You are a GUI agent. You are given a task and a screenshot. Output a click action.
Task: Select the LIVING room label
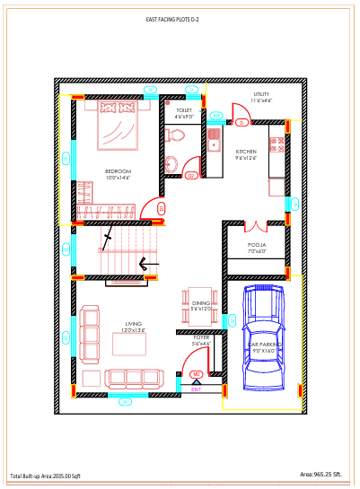point(134,327)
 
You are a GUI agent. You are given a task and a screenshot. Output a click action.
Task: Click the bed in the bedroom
point(115,126)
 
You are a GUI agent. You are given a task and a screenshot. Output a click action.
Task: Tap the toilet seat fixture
point(175,135)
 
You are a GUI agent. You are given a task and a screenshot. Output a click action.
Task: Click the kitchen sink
point(214,140)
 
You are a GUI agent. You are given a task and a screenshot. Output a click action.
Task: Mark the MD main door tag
point(196,374)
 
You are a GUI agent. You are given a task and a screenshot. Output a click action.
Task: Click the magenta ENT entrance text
point(197,389)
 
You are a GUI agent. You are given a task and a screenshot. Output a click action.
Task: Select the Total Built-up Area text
point(45,476)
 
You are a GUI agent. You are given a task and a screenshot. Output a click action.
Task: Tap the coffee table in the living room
point(92,377)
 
